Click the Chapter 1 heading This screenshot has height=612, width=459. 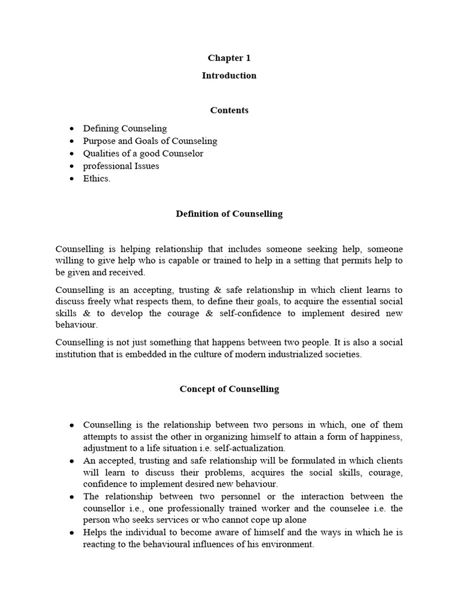point(229,58)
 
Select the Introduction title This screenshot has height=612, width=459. point(229,75)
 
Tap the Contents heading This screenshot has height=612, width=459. point(229,110)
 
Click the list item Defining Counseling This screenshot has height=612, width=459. point(125,128)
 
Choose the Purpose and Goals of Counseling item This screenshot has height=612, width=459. point(150,141)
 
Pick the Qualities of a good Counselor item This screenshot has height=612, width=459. point(143,154)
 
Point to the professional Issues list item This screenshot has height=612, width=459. point(121,166)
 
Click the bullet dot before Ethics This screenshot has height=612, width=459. point(72,179)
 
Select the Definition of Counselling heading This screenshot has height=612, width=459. point(229,214)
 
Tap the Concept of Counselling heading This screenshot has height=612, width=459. point(229,388)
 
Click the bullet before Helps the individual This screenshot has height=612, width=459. point(72,533)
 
